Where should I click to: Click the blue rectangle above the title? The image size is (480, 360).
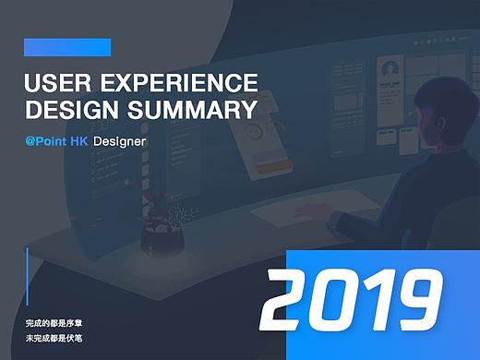67,47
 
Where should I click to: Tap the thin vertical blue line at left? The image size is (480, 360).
29,277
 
